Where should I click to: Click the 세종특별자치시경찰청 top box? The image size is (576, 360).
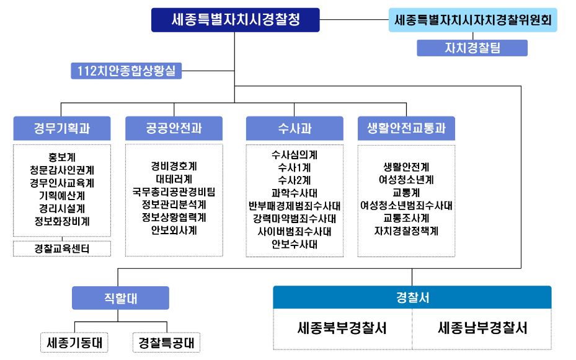click(236, 19)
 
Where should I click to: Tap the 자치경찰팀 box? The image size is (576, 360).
click(472, 48)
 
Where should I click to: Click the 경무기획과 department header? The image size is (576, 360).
click(62, 129)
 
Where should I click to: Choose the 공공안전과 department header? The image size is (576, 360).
click(174, 129)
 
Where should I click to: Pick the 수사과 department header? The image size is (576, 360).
click(295, 129)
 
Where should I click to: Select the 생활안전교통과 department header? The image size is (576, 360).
click(406, 129)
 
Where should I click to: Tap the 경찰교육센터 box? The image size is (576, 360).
click(62, 249)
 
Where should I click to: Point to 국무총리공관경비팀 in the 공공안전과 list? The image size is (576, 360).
click(174, 191)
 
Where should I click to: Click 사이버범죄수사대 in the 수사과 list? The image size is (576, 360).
click(295, 231)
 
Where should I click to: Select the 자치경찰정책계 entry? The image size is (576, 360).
click(406, 231)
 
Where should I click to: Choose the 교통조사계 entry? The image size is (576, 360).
click(406, 218)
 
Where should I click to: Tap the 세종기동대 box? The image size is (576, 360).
click(74, 342)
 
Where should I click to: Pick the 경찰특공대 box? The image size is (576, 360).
click(167, 342)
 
